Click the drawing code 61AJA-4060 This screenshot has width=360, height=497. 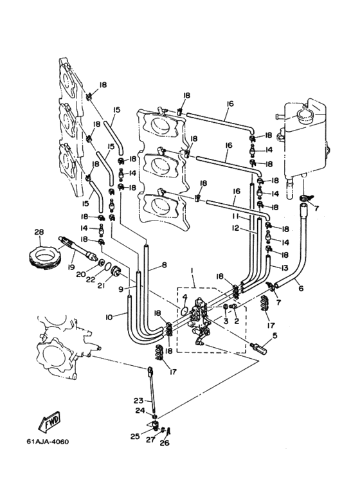click(x=48, y=442)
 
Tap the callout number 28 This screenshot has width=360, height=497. click(x=39, y=231)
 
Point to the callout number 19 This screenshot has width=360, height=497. click(x=71, y=267)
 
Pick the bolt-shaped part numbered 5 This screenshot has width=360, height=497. click(x=258, y=348)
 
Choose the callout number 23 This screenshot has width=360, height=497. click(x=138, y=401)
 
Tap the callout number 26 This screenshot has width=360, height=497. click(x=165, y=443)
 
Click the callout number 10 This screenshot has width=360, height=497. click(x=109, y=316)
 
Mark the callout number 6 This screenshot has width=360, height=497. click(x=301, y=288)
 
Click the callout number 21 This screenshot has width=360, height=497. click(x=101, y=285)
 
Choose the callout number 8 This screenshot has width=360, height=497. click(x=164, y=265)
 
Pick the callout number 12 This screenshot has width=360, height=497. click(x=235, y=228)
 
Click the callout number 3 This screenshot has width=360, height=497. click(x=226, y=321)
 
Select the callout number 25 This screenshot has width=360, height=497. click(x=135, y=437)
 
